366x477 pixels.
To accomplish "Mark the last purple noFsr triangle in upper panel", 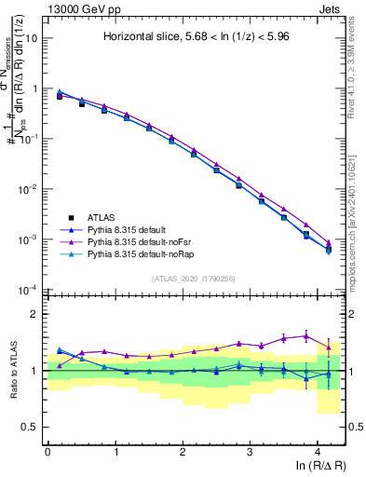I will click(x=328, y=243).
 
